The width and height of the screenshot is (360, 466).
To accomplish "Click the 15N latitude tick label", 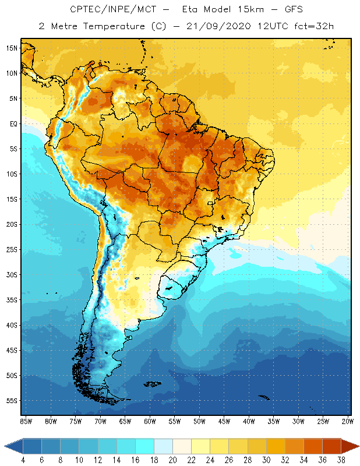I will pyautogui.click(x=12, y=48).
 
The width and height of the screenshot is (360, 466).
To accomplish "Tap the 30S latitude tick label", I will pyautogui.click(x=12, y=274).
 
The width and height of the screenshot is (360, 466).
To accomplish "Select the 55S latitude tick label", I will pyautogui.click(x=12, y=401).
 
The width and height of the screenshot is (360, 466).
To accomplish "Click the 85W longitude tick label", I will pyautogui.click(x=26, y=421).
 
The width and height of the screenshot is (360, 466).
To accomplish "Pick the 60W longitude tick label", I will pyautogui.click(x=150, y=421).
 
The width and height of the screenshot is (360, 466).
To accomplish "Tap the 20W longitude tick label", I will pyautogui.click(x=347, y=421).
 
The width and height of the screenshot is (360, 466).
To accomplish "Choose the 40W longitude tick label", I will pyautogui.click(x=249, y=421).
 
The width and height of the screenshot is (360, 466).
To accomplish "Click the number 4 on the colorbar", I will pyautogui.click(x=23, y=460).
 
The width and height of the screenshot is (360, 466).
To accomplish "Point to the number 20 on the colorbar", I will pyautogui.click(x=172, y=460).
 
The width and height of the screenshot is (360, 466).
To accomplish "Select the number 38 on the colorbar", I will pyautogui.click(x=340, y=460).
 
